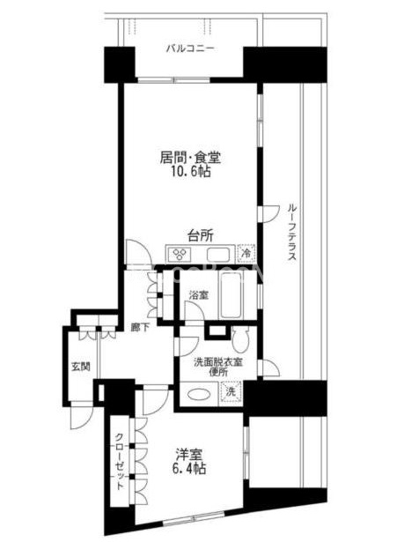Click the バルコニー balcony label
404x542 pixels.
(190, 48)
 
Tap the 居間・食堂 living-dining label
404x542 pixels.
(190, 158)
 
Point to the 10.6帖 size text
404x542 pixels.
(191, 171)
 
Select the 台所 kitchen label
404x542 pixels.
(201, 236)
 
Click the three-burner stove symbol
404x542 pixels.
(180, 254)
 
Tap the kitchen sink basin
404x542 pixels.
(218, 254)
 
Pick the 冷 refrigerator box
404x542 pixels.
(246, 253)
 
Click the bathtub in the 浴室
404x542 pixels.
(231, 295)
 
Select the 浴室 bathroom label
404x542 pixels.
(198, 295)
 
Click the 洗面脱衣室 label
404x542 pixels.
(218, 362)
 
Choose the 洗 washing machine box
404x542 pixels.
(231, 391)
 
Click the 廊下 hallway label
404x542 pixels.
(140, 327)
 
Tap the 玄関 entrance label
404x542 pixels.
(81, 367)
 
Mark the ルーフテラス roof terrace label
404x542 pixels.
(292, 232)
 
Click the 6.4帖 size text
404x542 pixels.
(189, 468)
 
